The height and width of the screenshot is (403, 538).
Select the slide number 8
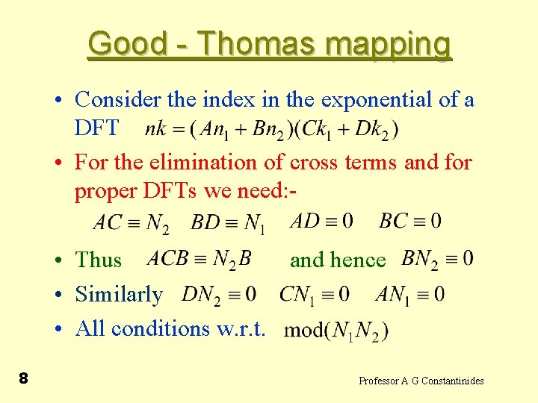[x=23, y=379]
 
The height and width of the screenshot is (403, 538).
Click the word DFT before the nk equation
[x=96, y=128]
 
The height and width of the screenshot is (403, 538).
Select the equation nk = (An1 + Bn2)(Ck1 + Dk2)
[x=272, y=129]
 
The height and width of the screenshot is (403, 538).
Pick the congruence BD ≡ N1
[x=229, y=223]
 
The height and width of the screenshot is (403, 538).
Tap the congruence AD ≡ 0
[x=321, y=221]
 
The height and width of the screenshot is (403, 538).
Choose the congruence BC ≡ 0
[x=410, y=221]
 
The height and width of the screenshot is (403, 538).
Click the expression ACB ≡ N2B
[x=200, y=259]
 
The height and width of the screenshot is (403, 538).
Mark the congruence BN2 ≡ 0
[x=437, y=260]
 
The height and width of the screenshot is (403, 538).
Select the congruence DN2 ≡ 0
[x=219, y=295]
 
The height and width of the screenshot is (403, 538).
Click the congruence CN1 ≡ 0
[x=315, y=295]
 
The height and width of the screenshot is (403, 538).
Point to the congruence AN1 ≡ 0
[x=410, y=295]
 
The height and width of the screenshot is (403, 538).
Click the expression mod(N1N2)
[x=337, y=329]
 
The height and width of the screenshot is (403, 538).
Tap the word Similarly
[x=119, y=295]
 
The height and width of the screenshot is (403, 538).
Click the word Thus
[x=99, y=260]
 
